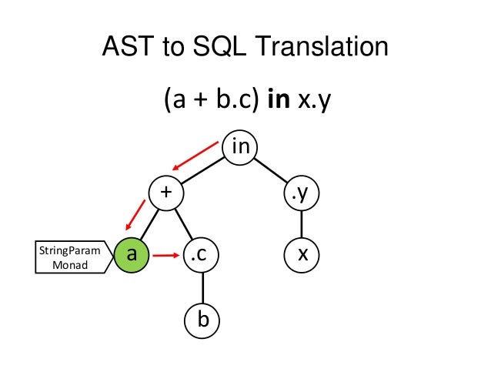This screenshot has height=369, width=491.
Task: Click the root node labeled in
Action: (240, 146)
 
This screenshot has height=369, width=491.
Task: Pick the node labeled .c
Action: (202, 253)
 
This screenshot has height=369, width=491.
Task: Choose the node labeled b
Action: (202, 318)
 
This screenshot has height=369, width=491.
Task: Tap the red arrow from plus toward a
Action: (135, 215)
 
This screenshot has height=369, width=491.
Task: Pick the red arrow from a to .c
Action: (165, 253)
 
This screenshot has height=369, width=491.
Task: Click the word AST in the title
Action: (129, 48)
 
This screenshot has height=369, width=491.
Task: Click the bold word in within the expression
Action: (275, 101)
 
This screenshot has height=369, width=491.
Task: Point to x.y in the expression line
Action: (312, 101)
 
